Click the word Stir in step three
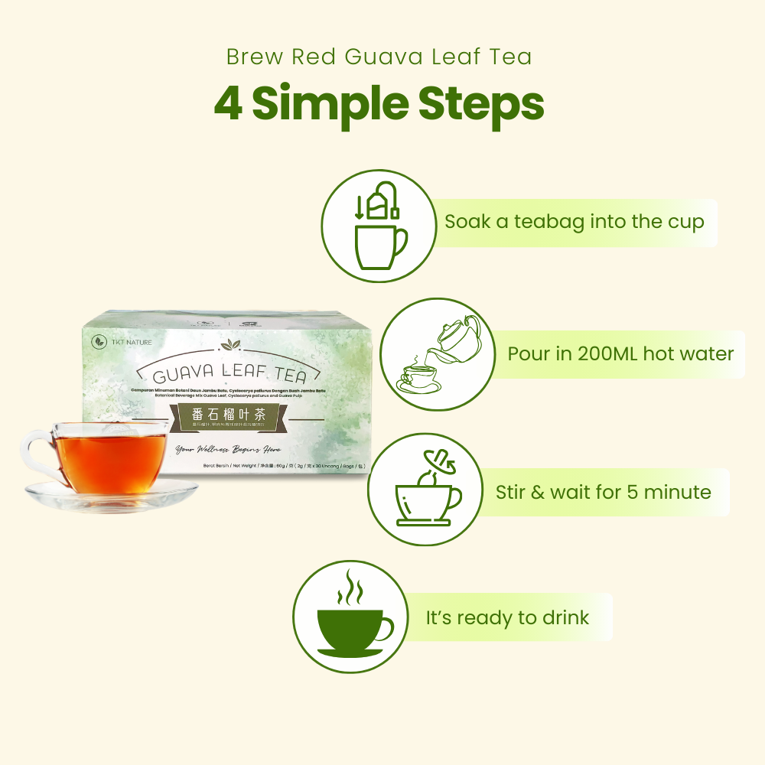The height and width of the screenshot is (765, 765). pos(509,492)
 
